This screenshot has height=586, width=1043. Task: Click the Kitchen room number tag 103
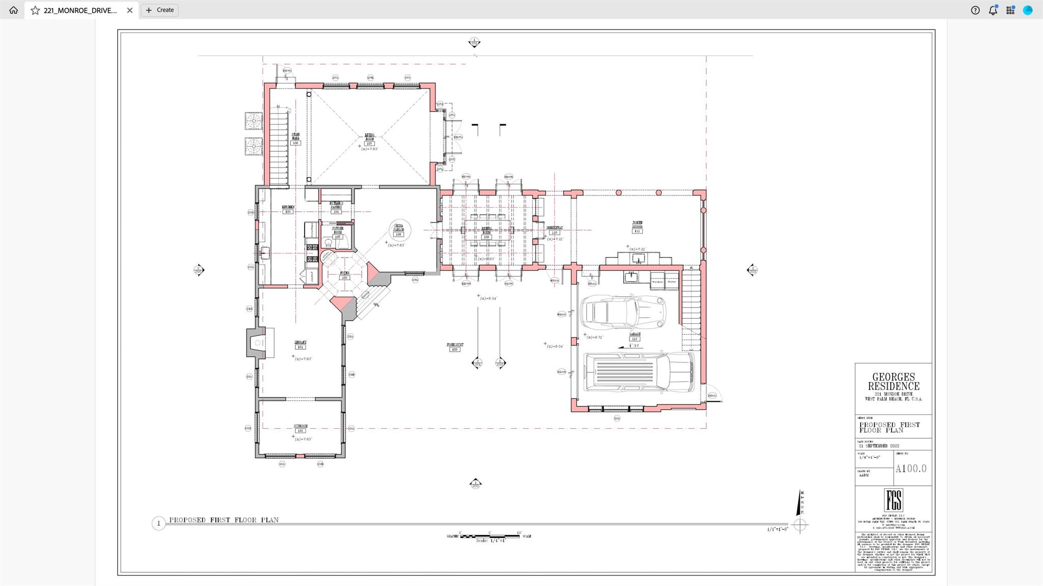[x=288, y=211]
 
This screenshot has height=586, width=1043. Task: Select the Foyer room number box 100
[x=344, y=277]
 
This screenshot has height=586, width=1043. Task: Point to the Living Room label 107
[x=369, y=143]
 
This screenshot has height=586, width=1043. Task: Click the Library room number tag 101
[x=300, y=347]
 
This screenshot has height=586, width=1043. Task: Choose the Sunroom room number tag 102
[x=300, y=430]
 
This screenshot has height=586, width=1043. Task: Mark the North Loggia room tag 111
[x=637, y=231]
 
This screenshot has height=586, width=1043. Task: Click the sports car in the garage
[x=623, y=311]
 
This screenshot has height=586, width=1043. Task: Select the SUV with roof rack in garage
[x=639, y=372]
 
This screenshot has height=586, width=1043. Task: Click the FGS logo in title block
[x=893, y=500]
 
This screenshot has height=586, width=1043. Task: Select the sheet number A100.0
[x=911, y=468]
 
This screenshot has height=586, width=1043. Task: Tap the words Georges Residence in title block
[x=893, y=381]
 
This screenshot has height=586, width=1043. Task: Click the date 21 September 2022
[x=880, y=445]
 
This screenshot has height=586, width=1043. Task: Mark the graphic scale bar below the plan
[x=489, y=536]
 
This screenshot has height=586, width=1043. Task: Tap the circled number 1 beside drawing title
[x=158, y=523]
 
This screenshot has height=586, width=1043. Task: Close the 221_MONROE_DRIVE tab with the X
[x=129, y=10]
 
